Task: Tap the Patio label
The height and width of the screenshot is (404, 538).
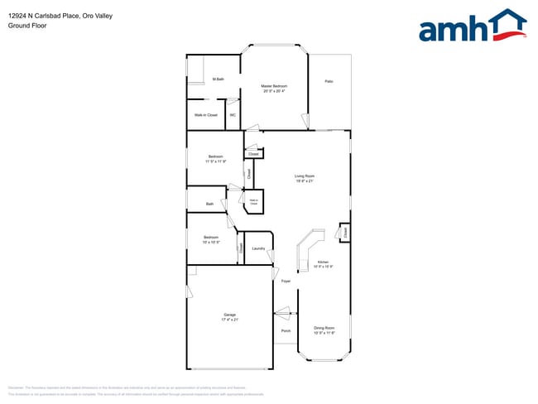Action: [x=329, y=81]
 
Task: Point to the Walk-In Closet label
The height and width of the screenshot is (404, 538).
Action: [x=205, y=115]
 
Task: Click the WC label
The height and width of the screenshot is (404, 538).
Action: [x=233, y=115]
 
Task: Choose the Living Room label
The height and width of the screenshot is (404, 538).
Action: [x=304, y=176]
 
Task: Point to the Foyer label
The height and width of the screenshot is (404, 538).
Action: [x=286, y=281]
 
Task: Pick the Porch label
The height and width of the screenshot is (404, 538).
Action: [x=286, y=331]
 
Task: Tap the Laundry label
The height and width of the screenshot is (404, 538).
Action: [x=258, y=248]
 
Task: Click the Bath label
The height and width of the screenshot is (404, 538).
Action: [x=209, y=204]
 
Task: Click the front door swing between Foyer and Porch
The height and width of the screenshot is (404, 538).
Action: [x=285, y=313]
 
